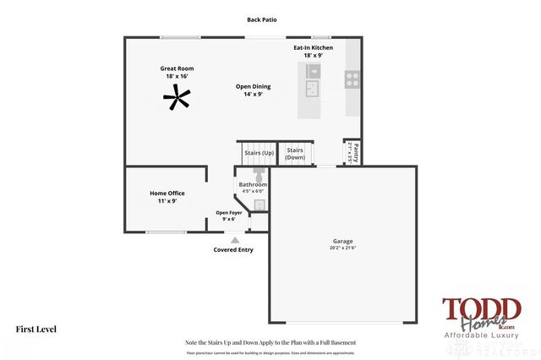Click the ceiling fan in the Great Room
pyautogui.click(x=177, y=99)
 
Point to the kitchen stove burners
pyautogui.click(x=352, y=79)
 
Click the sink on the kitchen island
pyautogui.click(x=312, y=85)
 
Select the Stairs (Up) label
pyautogui.click(x=259, y=153)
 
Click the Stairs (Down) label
pyautogui.click(x=295, y=154)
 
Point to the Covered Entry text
pyautogui.click(x=233, y=250)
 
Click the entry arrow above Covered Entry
pyautogui.click(x=234, y=240)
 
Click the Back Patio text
pyautogui.click(x=262, y=19)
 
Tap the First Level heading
pyautogui.click(x=36, y=329)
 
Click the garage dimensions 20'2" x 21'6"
pyautogui.click(x=342, y=248)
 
